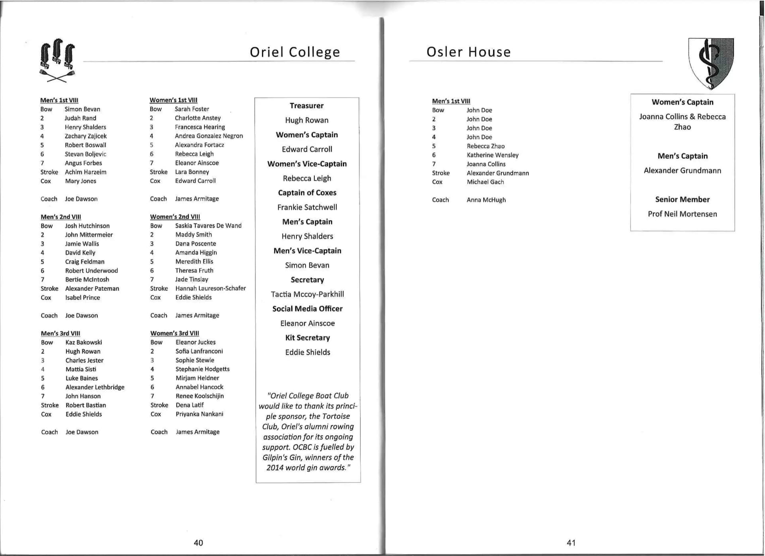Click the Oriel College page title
(294, 52)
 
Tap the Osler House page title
(468, 52)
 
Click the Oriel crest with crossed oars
(57, 60)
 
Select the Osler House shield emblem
(711, 63)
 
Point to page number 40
(198, 542)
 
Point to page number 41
(571, 542)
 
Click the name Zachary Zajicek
(86, 136)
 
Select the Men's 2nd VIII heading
(61, 217)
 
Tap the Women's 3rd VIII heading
(175, 333)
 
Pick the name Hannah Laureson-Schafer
(210, 288)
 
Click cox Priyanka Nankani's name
(199, 414)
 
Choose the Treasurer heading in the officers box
(306, 106)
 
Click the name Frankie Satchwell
(307, 207)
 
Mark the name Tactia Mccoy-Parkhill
(307, 294)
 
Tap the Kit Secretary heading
(307, 337)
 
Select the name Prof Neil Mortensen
(682, 214)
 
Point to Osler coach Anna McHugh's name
(486, 200)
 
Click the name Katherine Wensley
(492, 155)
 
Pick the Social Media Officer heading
(307, 309)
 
